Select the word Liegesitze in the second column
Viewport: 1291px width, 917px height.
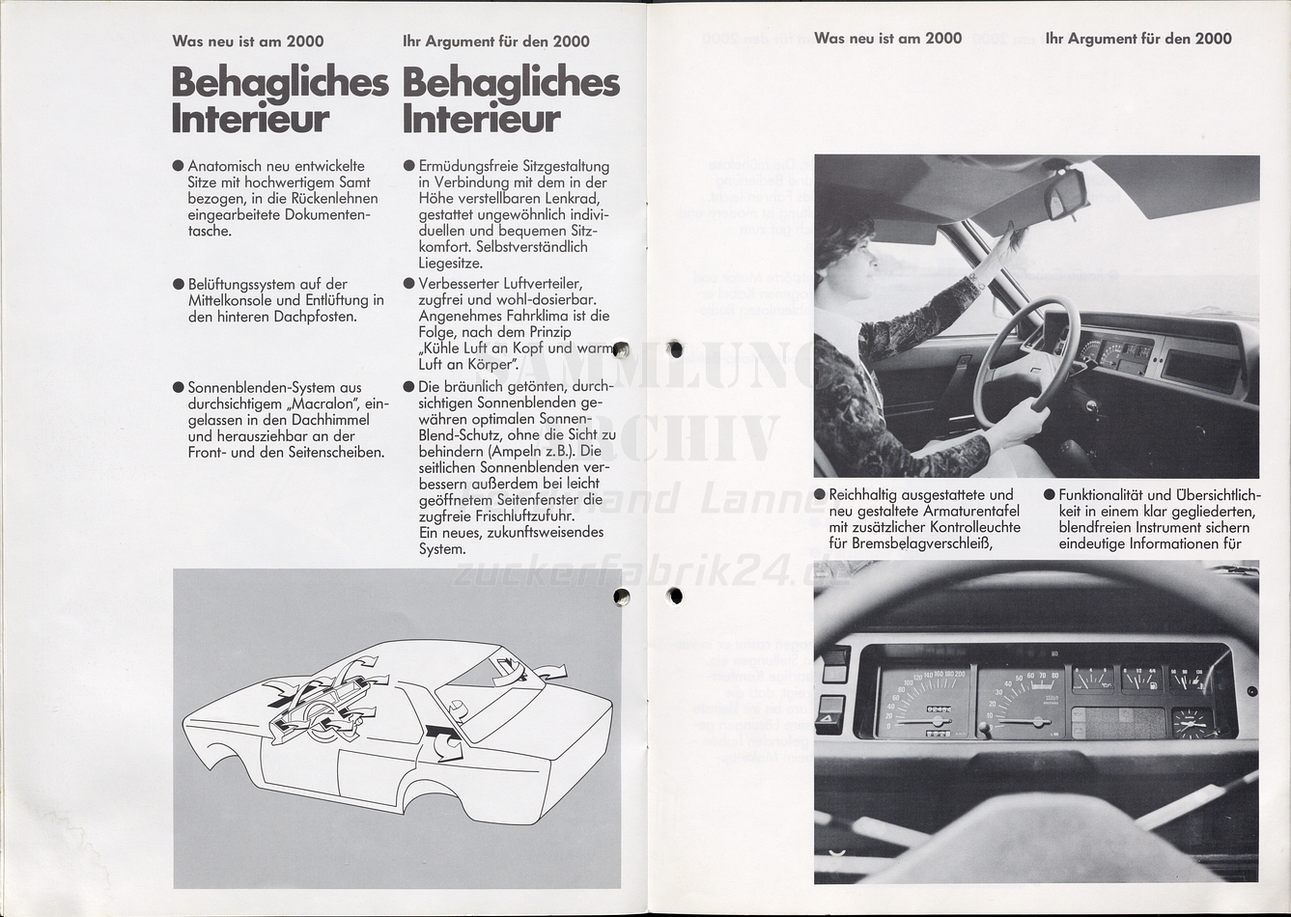coord(451,263)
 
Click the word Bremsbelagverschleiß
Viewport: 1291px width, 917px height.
coord(922,543)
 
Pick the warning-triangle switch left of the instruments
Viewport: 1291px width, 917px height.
coord(829,715)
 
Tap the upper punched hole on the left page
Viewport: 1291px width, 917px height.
coord(620,350)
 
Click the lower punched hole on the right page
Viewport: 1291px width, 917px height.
coord(675,596)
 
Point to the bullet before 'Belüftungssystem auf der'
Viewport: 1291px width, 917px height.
coord(179,285)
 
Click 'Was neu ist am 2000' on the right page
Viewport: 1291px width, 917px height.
coord(887,39)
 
